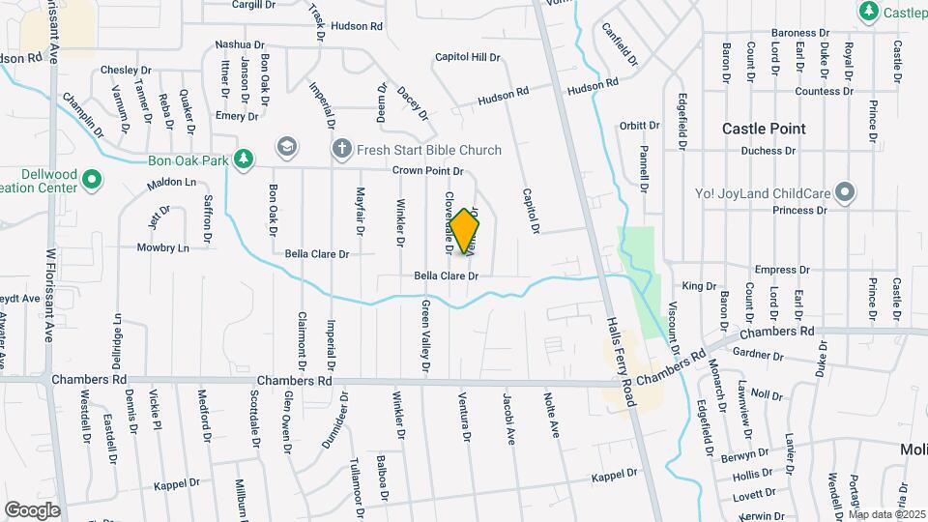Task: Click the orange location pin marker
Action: pyautogui.click(x=464, y=230)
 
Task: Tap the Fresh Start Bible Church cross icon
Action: pyautogui.click(x=340, y=149)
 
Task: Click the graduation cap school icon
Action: pyautogui.click(x=286, y=147)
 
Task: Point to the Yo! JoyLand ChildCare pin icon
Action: pyautogui.click(x=846, y=191)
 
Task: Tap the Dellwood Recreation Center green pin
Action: pyautogui.click(x=91, y=180)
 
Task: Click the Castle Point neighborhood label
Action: pyautogui.click(x=764, y=129)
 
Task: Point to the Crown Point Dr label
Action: pyautogui.click(x=428, y=171)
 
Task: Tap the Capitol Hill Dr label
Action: pyautogui.click(x=467, y=58)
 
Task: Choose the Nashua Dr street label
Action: pyautogui.click(x=240, y=44)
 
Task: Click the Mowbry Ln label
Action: pyautogui.click(x=162, y=247)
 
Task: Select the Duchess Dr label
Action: pyautogui.click(x=768, y=151)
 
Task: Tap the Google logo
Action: pyautogui.click(x=33, y=509)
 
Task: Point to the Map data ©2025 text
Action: pyautogui.click(x=886, y=514)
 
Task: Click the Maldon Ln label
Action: pyautogui.click(x=171, y=183)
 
